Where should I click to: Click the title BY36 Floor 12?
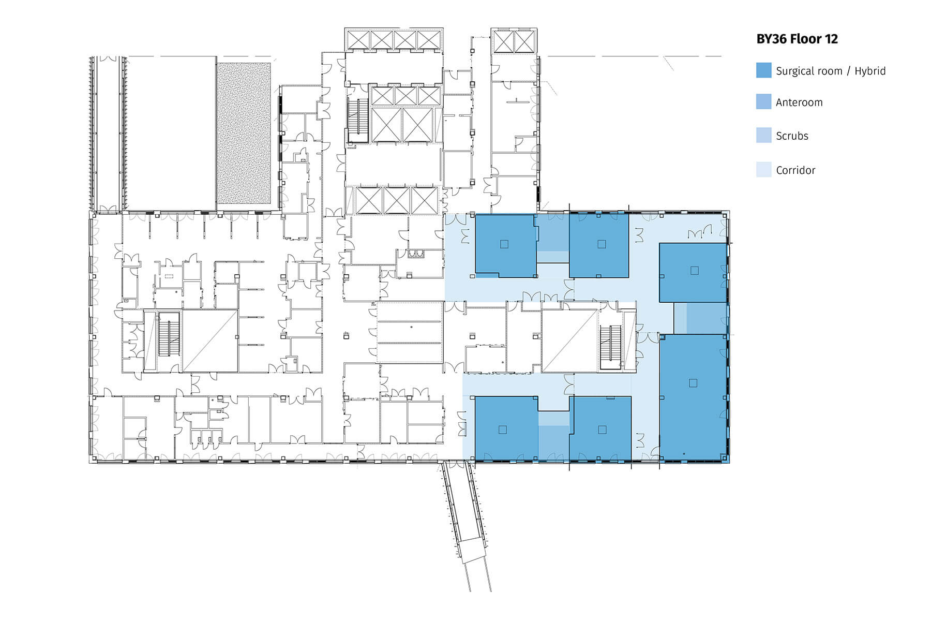pyautogui.click(x=797, y=39)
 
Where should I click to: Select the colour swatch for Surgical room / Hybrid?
pyautogui.click(x=763, y=70)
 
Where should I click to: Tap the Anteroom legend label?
pyautogui.click(x=799, y=102)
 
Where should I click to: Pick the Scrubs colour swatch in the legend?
pyautogui.click(x=763, y=136)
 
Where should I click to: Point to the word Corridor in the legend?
pyautogui.click(x=795, y=170)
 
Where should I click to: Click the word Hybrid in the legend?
pyautogui.click(x=870, y=71)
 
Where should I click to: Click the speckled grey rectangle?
pyautogui.click(x=244, y=133)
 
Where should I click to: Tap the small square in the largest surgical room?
pyautogui.click(x=693, y=383)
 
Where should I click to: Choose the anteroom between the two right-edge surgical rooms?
pyautogui.click(x=707, y=318)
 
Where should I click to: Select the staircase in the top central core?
pyautogui.click(x=357, y=119)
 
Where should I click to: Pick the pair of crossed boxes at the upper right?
pyautogui.click(x=514, y=41)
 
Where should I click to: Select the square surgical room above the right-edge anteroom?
pyautogui.click(x=693, y=272)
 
